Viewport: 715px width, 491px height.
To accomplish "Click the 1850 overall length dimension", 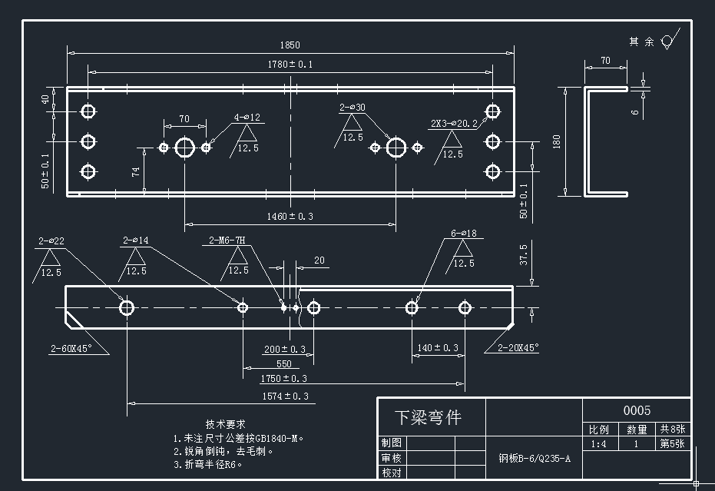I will tap(290, 45).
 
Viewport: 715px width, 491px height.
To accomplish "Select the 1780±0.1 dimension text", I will tap(290, 64).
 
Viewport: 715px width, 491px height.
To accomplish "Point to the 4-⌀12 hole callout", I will tap(247, 118).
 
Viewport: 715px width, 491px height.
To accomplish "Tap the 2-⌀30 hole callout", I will tap(353, 108).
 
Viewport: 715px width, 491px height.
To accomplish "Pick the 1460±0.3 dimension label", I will tap(290, 217).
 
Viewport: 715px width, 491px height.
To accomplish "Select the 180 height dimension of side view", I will tap(556, 141).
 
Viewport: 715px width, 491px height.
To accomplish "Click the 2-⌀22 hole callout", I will tap(51, 241).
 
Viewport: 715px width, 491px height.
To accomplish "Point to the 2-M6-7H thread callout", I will tap(227, 241).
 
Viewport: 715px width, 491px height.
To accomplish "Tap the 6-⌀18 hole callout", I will tap(464, 233).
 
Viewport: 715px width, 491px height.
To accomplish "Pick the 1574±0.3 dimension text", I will tap(285, 396).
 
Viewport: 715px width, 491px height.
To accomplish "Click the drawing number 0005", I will tap(636, 410).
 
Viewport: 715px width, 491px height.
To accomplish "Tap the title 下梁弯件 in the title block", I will tap(428, 418).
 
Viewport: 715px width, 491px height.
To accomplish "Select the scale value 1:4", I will tap(598, 444).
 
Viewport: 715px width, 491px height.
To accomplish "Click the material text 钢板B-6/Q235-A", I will tap(535, 459).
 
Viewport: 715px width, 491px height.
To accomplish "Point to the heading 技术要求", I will tap(225, 423).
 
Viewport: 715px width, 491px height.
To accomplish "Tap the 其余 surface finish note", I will tap(641, 41).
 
